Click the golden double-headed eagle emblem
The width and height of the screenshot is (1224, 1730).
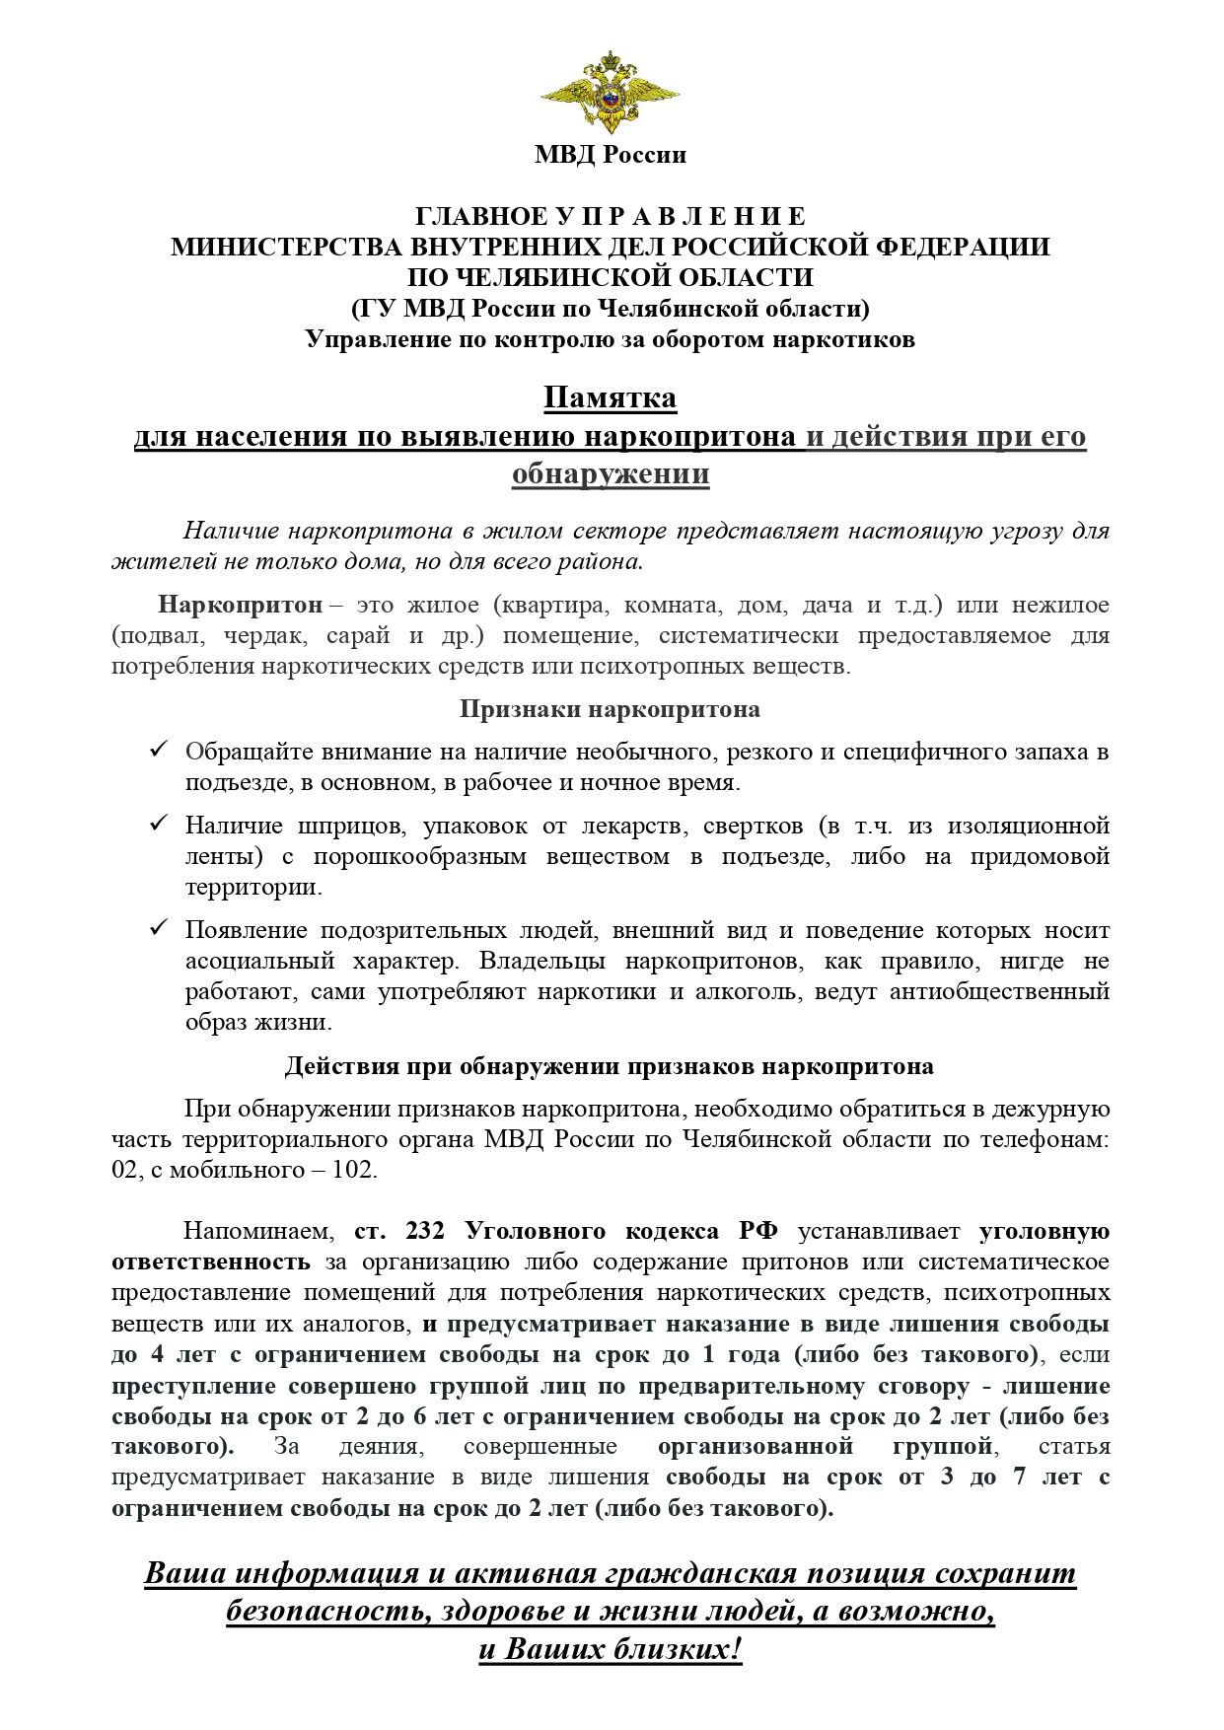610,94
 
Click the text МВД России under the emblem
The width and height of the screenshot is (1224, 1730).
611,155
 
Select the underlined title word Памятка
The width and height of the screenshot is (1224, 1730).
611,398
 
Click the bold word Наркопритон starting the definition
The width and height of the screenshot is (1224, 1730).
241,604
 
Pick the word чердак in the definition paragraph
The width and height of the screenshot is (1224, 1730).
269,635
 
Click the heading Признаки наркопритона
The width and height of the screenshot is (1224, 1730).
610,709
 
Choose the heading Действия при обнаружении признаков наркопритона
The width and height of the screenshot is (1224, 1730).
610,1067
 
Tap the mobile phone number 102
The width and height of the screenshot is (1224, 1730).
354,1171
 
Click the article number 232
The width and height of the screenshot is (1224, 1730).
425,1231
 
